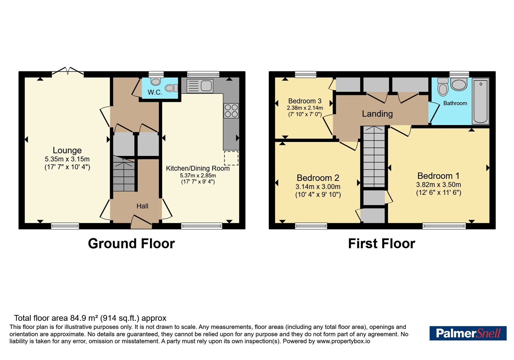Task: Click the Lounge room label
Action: [67, 150]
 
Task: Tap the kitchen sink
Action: [200, 86]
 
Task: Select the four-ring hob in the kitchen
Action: [231, 111]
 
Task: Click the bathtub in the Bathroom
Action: [481, 101]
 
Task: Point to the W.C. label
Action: [155, 92]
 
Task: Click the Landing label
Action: [377, 114]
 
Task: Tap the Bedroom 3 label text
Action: [305, 101]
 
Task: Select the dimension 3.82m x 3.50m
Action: [439, 184]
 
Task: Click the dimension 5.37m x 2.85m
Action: [198, 175]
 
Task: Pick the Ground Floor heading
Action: [131, 243]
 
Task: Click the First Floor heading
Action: [382, 243]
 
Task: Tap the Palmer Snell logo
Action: [468, 333]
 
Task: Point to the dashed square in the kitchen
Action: [231, 158]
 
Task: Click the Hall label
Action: [142, 206]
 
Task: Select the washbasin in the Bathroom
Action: [459, 84]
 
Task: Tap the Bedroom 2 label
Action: [318, 178]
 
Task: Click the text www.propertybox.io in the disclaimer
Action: [343, 341]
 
